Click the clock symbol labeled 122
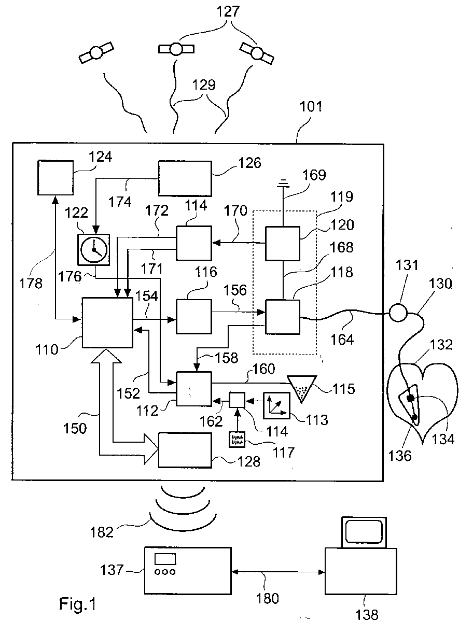[94, 250]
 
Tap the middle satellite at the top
[176, 49]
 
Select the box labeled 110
[107, 322]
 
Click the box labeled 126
[185, 178]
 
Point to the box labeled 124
[55, 177]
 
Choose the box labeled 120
[283, 244]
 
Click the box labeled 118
[283, 317]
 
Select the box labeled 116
[194, 317]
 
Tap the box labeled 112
[194, 389]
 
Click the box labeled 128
[185, 450]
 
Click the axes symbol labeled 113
[277, 405]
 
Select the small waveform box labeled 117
[237, 440]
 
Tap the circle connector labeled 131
[398, 313]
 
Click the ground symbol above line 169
[283, 182]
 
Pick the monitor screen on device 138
[364, 532]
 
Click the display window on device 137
[165, 559]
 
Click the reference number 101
[311, 106]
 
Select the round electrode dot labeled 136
[414, 417]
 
